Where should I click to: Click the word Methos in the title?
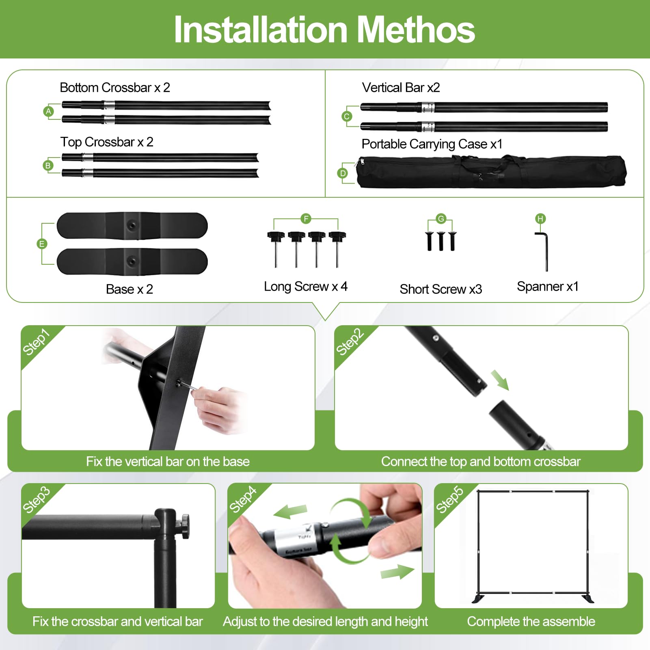click(416, 30)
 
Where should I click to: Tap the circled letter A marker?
click(49, 111)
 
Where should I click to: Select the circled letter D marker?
click(343, 173)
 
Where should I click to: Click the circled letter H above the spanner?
click(540, 219)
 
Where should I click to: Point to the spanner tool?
click(544, 251)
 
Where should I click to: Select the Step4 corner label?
click(243, 499)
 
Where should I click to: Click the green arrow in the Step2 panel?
click(500, 380)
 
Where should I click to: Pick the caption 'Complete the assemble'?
click(531, 621)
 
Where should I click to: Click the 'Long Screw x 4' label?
click(306, 286)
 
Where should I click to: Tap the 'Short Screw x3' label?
click(441, 289)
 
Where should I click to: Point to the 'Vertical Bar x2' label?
click(401, 87)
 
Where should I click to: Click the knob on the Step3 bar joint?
click(185, 526)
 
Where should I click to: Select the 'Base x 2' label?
click(130, 289)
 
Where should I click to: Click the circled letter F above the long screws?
click(306, 219)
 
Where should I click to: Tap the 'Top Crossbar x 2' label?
click(107, 142)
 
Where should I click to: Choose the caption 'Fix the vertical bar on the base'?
click(168, 461)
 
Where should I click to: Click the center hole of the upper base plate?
click(132, 225)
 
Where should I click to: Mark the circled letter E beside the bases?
click(41, 244)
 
